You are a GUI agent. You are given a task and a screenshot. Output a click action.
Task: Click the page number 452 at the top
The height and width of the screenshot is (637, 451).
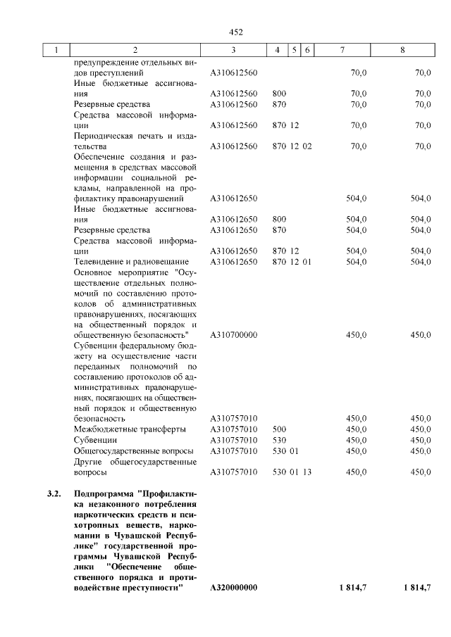point(235,32)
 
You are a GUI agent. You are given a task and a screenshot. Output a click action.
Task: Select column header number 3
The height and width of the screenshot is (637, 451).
point(233,51)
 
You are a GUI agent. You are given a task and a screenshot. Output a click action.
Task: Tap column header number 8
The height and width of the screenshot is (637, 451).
point(402,51)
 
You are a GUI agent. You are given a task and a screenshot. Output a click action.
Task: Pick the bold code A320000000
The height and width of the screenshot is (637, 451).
point(234,587)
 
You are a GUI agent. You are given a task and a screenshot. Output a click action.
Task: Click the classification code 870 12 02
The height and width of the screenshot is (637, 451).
point(292,146)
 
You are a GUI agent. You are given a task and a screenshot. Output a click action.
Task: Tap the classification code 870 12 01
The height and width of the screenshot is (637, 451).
point(292,262)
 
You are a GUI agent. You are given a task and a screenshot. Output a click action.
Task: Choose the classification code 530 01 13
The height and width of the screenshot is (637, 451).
point(292,472)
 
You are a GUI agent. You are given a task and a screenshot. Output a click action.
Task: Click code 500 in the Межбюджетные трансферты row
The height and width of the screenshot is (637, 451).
point(279,429)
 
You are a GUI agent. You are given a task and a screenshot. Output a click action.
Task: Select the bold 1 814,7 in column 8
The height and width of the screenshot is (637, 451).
point(415,587)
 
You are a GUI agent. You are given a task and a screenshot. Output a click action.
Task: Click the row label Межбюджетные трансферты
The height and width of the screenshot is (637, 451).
point(130,429)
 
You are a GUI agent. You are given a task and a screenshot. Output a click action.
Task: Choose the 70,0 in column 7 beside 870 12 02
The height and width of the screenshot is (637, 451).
point(358,146)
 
